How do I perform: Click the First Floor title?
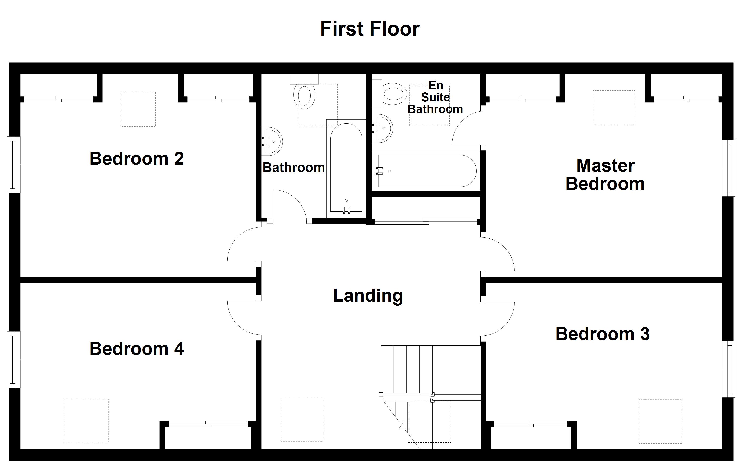pyautogui.click(x=370, y=29)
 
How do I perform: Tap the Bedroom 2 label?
pyautogui.click(x=136, y=159)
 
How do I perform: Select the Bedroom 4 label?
pyautogui.click(x=136, y=349)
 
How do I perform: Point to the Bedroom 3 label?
pyautogui.click(x=602, y=334)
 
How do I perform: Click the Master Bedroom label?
pyautogui.click(x=605, y=175)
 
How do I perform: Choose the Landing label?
pyautogui.click(x=368, y=295)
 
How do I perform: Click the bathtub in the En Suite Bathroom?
pyautogui.click(x=427, y=171)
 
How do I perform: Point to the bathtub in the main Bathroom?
pyautogui.click(x=346, y=168)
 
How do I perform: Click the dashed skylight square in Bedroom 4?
pyautogui.click(x=86, y=421)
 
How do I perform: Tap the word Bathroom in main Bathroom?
pyautogui.click(x=293, y=167)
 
